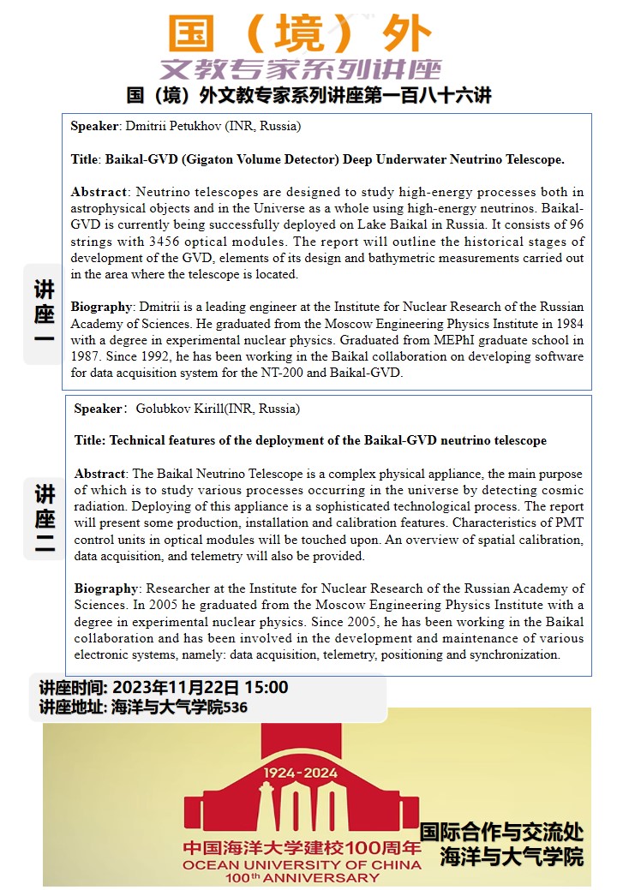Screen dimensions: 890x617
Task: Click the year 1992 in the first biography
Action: click(x=152, y=356)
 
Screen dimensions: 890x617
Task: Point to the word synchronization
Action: click(x=518, y=654)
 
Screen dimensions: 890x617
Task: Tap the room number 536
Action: click(x=235, y=708)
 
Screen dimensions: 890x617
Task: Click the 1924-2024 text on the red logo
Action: click(x=302, y=772)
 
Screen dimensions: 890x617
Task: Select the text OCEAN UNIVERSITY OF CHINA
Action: click(x=302, y=864)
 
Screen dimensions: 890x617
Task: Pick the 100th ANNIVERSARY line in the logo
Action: click(x=302, y=877)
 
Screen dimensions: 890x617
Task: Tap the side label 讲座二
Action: click(x=45, y=519)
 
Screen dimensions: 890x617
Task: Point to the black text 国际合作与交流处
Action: click(x=501, y=832)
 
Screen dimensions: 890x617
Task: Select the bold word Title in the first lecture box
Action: click(x=85, y=159)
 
